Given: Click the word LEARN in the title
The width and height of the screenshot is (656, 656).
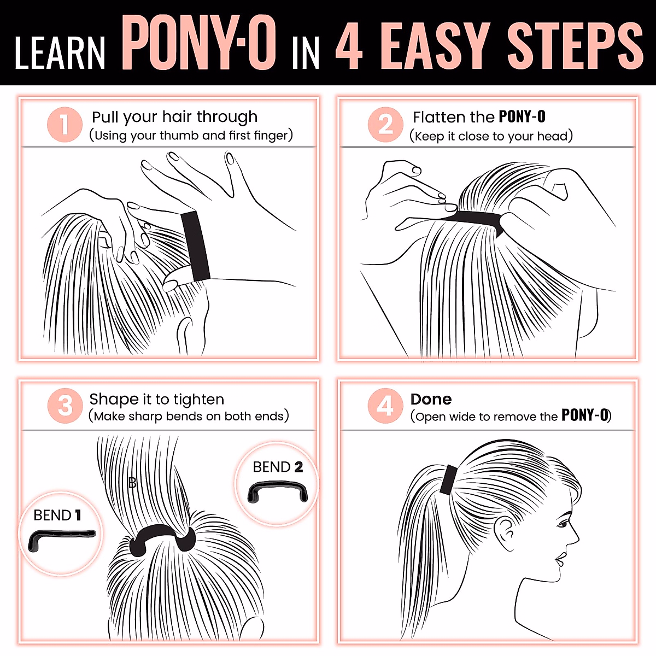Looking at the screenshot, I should (x=60, y=53).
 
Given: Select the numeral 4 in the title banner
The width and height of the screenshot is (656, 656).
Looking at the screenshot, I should (x=349, y=46).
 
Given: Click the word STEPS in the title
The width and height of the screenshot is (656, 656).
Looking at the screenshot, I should (x=575, y=46).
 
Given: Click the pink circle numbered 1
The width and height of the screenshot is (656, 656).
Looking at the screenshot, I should (x=65, y=125).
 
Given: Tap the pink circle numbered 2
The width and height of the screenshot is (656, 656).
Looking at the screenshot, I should (x=385, y=125).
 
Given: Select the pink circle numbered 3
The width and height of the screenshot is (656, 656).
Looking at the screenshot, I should (x=65, y=406).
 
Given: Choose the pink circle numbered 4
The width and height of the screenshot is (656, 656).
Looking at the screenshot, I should (x=385, y=406).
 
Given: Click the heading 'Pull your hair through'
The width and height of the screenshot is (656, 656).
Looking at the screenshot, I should (x=174, y=117).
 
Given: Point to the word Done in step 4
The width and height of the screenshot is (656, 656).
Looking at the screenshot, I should (x=431, y=399).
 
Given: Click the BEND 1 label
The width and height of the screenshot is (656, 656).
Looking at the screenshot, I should (x=57, y=515).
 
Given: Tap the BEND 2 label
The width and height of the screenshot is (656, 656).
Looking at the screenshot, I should (x=278, y=467).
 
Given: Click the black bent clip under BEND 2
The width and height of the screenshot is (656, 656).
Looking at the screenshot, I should (x=278, y=490).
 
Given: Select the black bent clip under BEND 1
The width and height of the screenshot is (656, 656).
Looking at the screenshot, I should (x=60, y=539).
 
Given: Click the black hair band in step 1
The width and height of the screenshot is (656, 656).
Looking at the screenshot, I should (x=196, y=246).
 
